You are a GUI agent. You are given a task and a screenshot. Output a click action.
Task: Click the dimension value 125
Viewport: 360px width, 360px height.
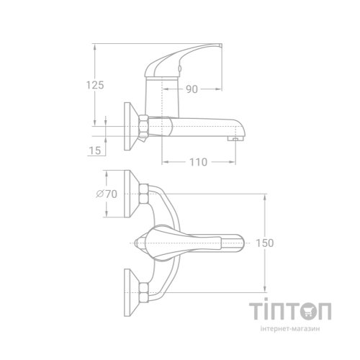94,85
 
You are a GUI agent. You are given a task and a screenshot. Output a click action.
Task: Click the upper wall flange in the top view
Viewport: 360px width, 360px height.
132,192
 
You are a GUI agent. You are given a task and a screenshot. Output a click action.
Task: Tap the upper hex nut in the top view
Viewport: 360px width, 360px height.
145,192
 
